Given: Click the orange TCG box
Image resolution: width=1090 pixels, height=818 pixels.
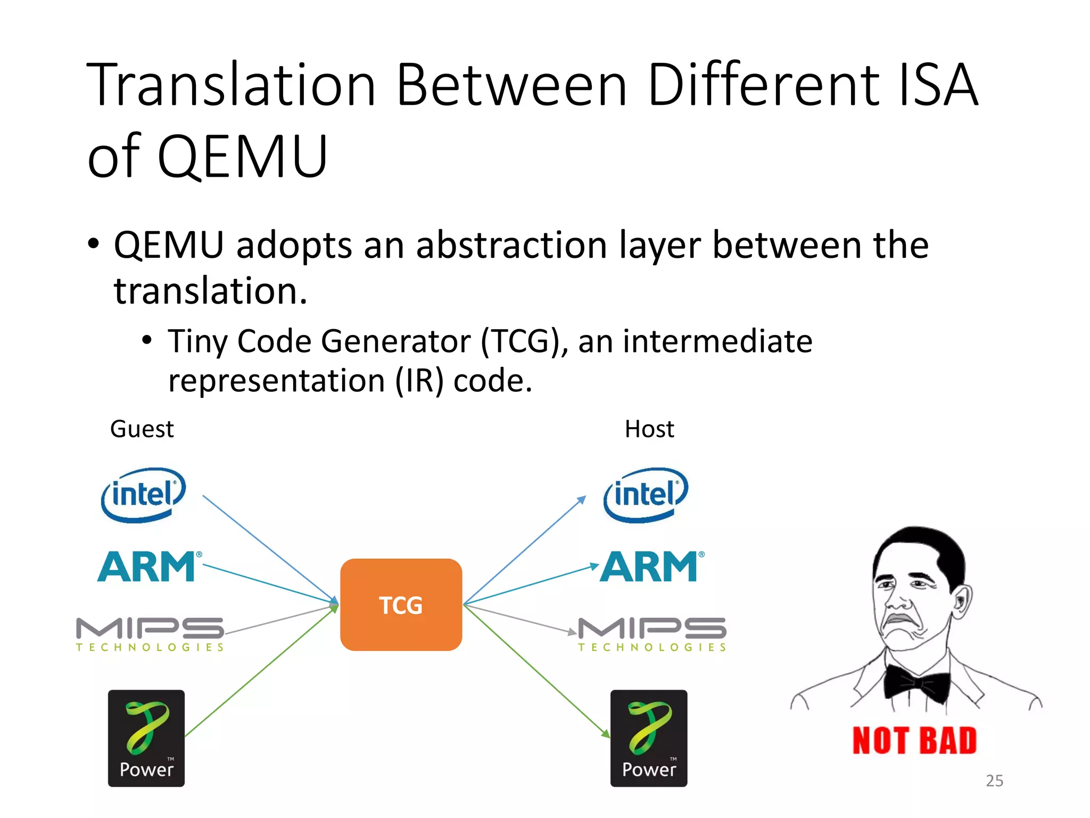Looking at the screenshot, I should pyautogui.click(x=401, y=604).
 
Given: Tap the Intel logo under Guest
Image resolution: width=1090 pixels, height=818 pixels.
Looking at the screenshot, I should pyautogui.click(x=143, y=495).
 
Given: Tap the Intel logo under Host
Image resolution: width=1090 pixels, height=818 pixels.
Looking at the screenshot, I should pyautogui.click(x=646, y=495).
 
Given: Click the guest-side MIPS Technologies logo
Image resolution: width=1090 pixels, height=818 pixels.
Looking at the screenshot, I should pyautogui.click(x=150, y=634).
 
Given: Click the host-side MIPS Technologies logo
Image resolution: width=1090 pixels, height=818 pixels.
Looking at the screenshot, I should pyautogui.click(x=653, y=634).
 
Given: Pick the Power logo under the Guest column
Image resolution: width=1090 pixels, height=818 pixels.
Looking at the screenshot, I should pyautogui.click(x=146, y=738).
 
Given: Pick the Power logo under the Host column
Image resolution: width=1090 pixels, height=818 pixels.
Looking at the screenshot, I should pyautogui.click(x=649, y=738).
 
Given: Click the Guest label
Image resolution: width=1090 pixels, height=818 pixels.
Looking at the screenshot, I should pyautogui.click(x=142, y=429).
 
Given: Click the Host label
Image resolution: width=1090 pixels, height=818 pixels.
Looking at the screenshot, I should pyautogui.click(x=649, y=429).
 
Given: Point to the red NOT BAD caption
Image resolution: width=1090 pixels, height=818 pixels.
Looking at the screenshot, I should pyautogui.click(x=914, y=741).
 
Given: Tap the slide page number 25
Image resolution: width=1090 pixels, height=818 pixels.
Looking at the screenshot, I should pyautogui.click(x=994, y=781).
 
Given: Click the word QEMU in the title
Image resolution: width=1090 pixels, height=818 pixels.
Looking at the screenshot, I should pyautogui.click(x=243, y=157).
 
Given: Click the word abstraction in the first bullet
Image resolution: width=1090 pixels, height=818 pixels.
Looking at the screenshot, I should pyautogui.click(x=511, y=246).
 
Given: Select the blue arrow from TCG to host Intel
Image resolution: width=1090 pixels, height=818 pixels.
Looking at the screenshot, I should pyautogui.click(x=524, y=551).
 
